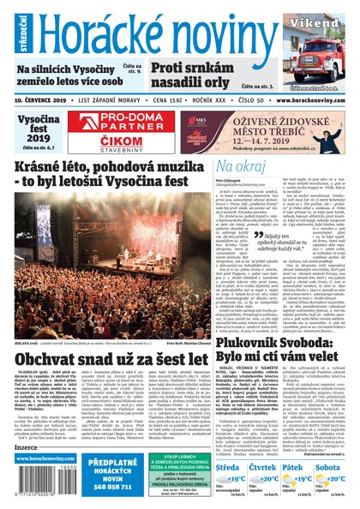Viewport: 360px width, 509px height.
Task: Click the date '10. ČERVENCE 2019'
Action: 40,99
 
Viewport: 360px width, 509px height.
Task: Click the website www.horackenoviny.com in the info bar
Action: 315,99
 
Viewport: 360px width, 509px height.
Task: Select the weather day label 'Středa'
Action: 227,467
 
